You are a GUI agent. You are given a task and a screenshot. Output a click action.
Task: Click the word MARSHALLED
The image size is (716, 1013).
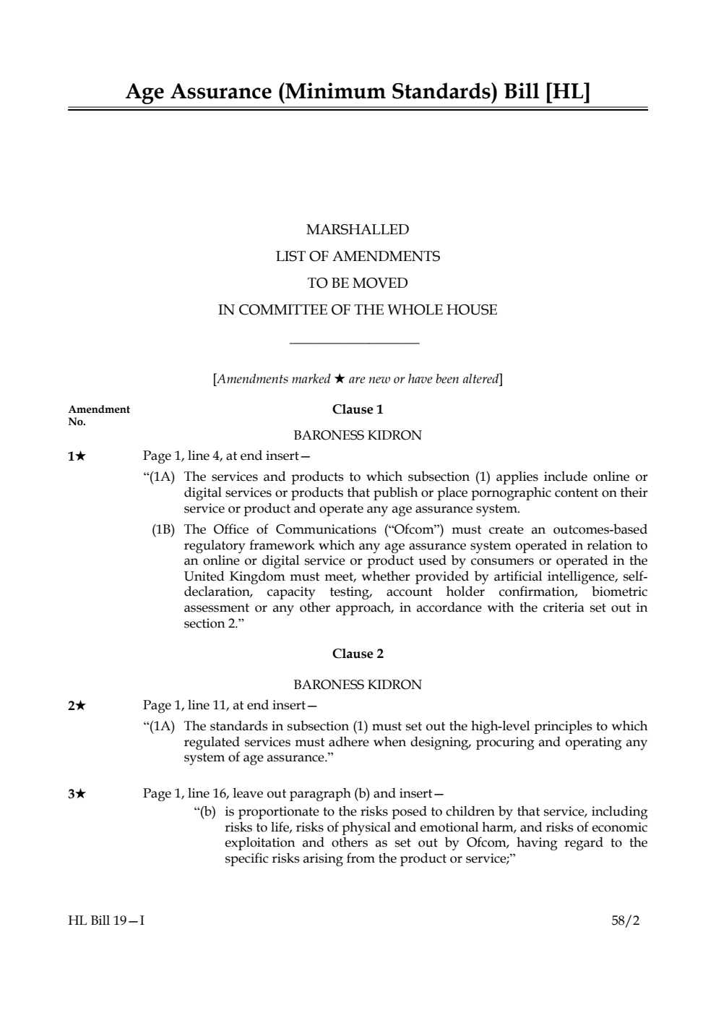[358, 230]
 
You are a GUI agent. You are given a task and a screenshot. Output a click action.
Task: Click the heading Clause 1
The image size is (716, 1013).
[358, 409]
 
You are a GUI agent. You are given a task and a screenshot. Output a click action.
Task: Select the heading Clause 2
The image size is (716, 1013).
[358, 654]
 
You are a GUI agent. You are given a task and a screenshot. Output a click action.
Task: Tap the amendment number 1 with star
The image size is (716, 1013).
[77, 456]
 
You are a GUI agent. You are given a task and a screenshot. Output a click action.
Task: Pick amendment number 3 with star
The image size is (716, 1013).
[77, 794]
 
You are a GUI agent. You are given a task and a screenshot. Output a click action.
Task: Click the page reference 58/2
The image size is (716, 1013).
[625, 920]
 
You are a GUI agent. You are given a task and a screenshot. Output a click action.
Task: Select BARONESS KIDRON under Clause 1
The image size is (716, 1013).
[358, 435]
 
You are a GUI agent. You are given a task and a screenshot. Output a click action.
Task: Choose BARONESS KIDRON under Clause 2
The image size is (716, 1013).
[358, 685]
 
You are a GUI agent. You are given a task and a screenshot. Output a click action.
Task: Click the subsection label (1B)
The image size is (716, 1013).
[163, 530]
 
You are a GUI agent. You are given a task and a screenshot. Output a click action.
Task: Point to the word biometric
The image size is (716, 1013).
[619, 592]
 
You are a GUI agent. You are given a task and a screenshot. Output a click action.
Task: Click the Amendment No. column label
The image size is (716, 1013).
[99, 415]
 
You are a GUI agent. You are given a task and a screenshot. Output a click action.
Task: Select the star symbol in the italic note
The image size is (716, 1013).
[339, 379]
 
